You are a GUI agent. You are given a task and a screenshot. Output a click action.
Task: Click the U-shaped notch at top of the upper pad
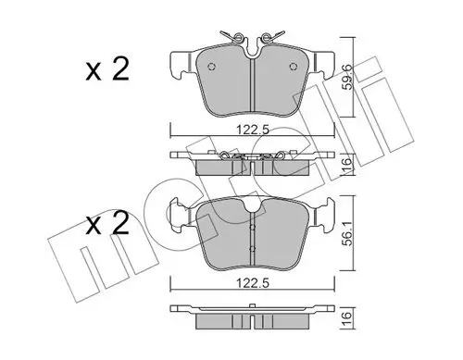253,54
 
